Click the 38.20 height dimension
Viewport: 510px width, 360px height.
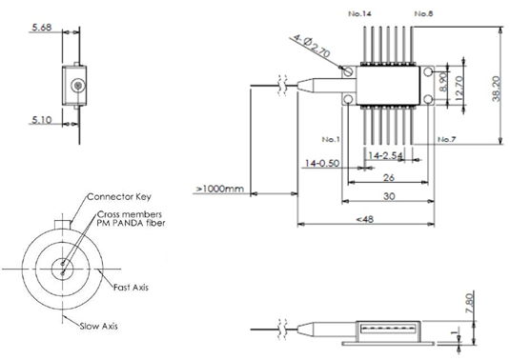click(x=496, y=89)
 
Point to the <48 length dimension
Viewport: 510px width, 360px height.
click(x=365, y=219)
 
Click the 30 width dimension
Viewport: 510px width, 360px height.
click(x=389, y=196)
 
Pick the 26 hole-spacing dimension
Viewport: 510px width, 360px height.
click(x=389, y=178)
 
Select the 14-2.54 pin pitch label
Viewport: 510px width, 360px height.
click(x=385, y=155)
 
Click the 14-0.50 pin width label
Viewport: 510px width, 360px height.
click(x=322, y=163)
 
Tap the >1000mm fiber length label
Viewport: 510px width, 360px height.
click(x=219, y=189)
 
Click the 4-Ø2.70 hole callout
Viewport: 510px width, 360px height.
click(x=312, y=46)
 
